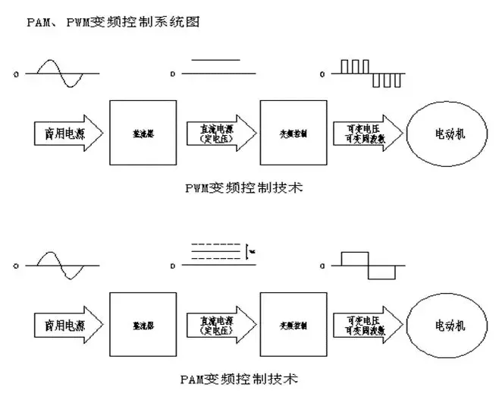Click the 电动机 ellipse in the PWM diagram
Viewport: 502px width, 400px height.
446,132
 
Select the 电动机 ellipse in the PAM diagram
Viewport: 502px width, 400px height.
446,322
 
